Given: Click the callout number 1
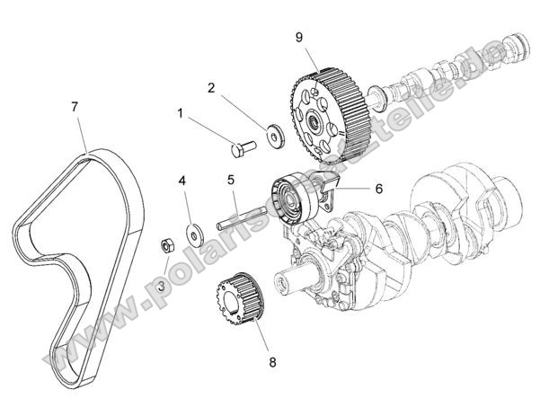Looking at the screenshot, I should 181,114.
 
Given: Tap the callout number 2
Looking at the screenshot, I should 212,88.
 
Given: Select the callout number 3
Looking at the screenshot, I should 162,286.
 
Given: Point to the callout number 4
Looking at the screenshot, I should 182,181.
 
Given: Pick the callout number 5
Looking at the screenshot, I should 231,181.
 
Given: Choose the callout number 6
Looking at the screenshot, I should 378,189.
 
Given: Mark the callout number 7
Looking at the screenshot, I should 75,107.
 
